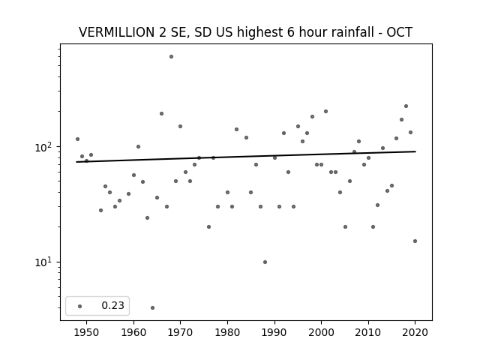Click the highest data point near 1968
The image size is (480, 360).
click(x=171, y=57)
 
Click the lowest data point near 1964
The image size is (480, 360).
click(x=152, y=307)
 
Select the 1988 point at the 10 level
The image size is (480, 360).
click(x=265, y=262)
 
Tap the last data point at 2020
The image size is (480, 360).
click(x=415, y=241)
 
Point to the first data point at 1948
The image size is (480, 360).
click(x=77, y=139)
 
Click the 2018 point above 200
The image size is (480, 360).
click(x=406, y=106)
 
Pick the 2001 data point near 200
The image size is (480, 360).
click(x=325, y=112)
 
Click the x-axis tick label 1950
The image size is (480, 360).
click(x=87, y=332)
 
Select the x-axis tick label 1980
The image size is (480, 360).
click(x=227, y=332)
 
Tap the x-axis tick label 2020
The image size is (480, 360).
click(x=415, y=332)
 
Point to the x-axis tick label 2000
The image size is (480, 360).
click(x=321, y=332)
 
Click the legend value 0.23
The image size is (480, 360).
click(x=112, y=305)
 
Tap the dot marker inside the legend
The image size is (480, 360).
click(x=80, y=306)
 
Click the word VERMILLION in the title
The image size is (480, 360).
click(x=117, y=32)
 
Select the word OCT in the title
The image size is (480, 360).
click(x=400, y=32)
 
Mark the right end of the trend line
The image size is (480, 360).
click(x=415, y=151)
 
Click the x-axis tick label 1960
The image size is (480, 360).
click(x=133, y=332)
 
